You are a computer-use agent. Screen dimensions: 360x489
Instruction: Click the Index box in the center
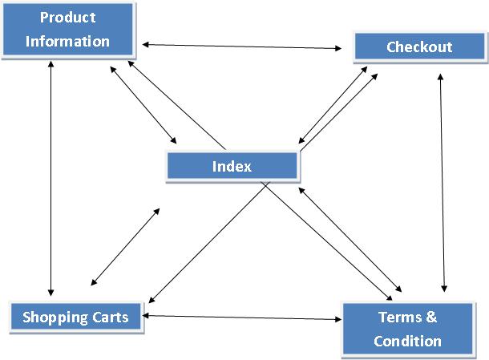(232, 167)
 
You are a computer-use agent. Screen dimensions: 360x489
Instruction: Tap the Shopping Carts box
(75, 317)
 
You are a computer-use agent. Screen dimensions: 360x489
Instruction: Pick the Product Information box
(67, 30)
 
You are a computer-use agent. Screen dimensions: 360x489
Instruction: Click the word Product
(67, 18)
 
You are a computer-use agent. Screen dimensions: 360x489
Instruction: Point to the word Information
(67, 42)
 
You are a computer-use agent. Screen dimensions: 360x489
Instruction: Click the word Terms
(397, 318)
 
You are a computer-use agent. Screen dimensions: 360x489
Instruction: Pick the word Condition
(407, 342)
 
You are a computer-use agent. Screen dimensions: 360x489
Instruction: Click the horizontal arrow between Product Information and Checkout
(240, 47)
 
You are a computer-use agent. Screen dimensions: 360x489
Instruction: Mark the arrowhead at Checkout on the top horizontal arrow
(338, 48)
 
